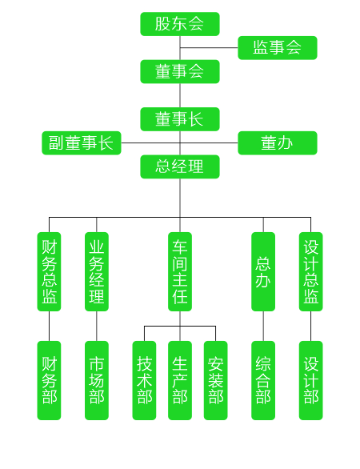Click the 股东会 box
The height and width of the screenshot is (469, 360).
tap(180, 24)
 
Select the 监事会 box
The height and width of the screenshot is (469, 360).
tap(277, 48)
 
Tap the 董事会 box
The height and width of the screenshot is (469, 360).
tap(180, 71)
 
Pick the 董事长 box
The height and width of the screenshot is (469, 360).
tap(180, 119)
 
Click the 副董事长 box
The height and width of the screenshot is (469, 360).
tap(82, 143)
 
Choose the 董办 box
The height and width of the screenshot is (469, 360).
tap(277, 143)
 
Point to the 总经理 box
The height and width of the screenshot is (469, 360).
tap(180, 166)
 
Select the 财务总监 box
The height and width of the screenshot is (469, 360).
tap(49, 271)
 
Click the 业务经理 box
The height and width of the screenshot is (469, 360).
tap(97, 271)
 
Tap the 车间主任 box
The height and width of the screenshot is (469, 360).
tap(180, 271)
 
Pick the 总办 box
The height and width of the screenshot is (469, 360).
tap(263, 271)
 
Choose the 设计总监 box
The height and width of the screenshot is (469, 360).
tap(310, 271)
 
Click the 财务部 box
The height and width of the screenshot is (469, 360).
tap(49, 380)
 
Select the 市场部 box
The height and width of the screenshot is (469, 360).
tap(97, 380)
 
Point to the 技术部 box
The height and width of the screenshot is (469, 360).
tap(144, 380)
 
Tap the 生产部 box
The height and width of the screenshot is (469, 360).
tap(180, 380)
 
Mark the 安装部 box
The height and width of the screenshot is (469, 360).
tap(215, 380)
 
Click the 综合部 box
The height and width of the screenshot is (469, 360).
tap(263, 380)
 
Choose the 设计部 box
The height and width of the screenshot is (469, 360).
tap(310, 380)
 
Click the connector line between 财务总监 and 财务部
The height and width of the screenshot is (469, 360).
tap(49, 326)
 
